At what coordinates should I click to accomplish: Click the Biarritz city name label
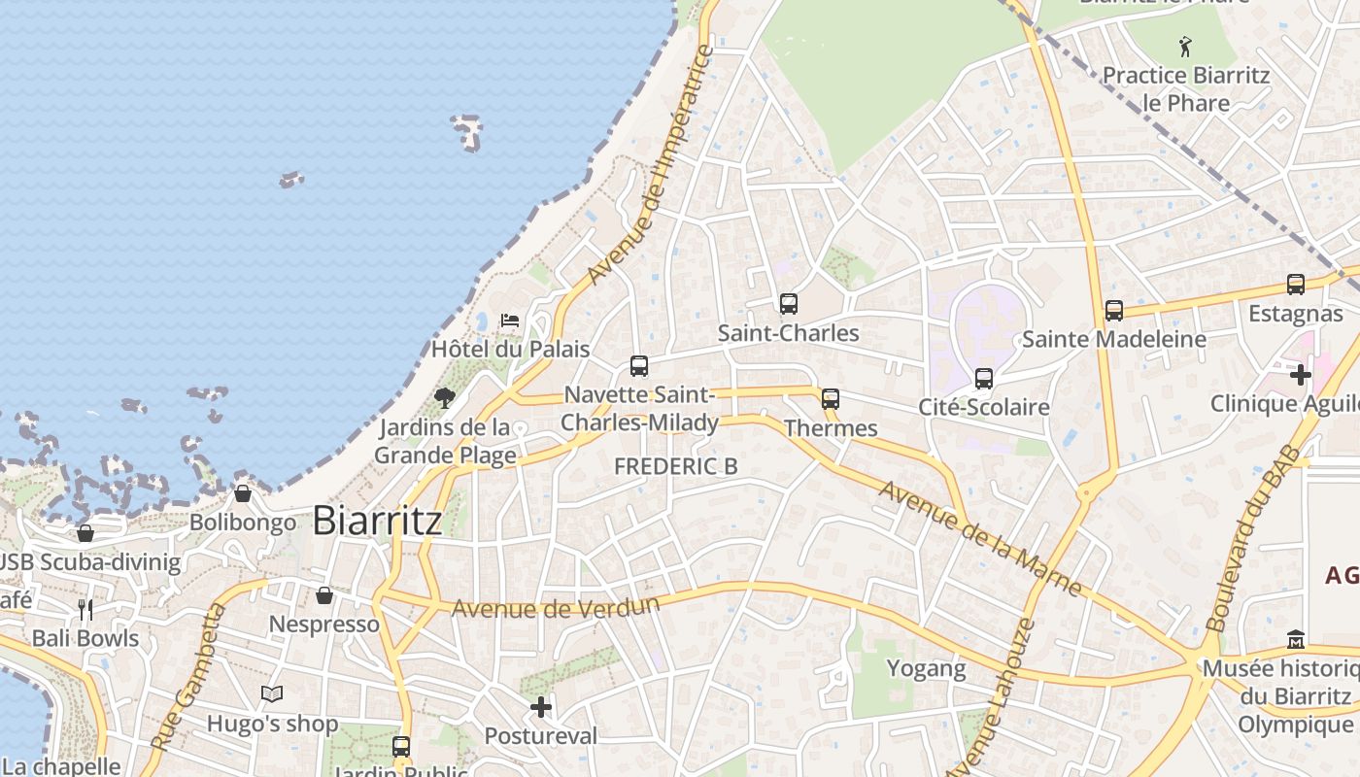(x=377, y=521)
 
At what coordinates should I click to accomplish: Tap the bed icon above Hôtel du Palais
(x=510, y=320)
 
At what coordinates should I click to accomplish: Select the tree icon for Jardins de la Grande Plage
(x=445, y=397)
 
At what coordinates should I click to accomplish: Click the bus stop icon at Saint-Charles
(x=789, y=304)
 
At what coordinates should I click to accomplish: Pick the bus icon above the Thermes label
(x=831, y=398)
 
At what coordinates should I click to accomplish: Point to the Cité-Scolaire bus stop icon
(x=984, y=378)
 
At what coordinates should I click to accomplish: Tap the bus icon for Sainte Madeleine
(x=1114, y=311)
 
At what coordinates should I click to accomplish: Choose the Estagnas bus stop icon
(x=1296, y=285)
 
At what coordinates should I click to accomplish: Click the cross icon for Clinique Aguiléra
(x=1301, y=375)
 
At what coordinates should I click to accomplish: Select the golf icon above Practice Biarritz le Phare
(x=1185, y=46)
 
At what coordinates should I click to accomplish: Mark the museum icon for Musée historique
(x=1296, y=640)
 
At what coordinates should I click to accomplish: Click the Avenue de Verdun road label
(x=556, y=608)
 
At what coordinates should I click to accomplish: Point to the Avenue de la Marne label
(x=979, y=537)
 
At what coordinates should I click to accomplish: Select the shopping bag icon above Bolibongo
(x=243, y=493)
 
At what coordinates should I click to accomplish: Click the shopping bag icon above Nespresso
(x=324, y=594)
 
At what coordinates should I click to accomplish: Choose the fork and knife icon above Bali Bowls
(x=85, y=610)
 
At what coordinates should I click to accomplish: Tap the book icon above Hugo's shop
(x=272, y=694)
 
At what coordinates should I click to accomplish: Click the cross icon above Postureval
(x=541, y=707)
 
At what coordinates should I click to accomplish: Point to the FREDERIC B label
(x=676, y=466)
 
